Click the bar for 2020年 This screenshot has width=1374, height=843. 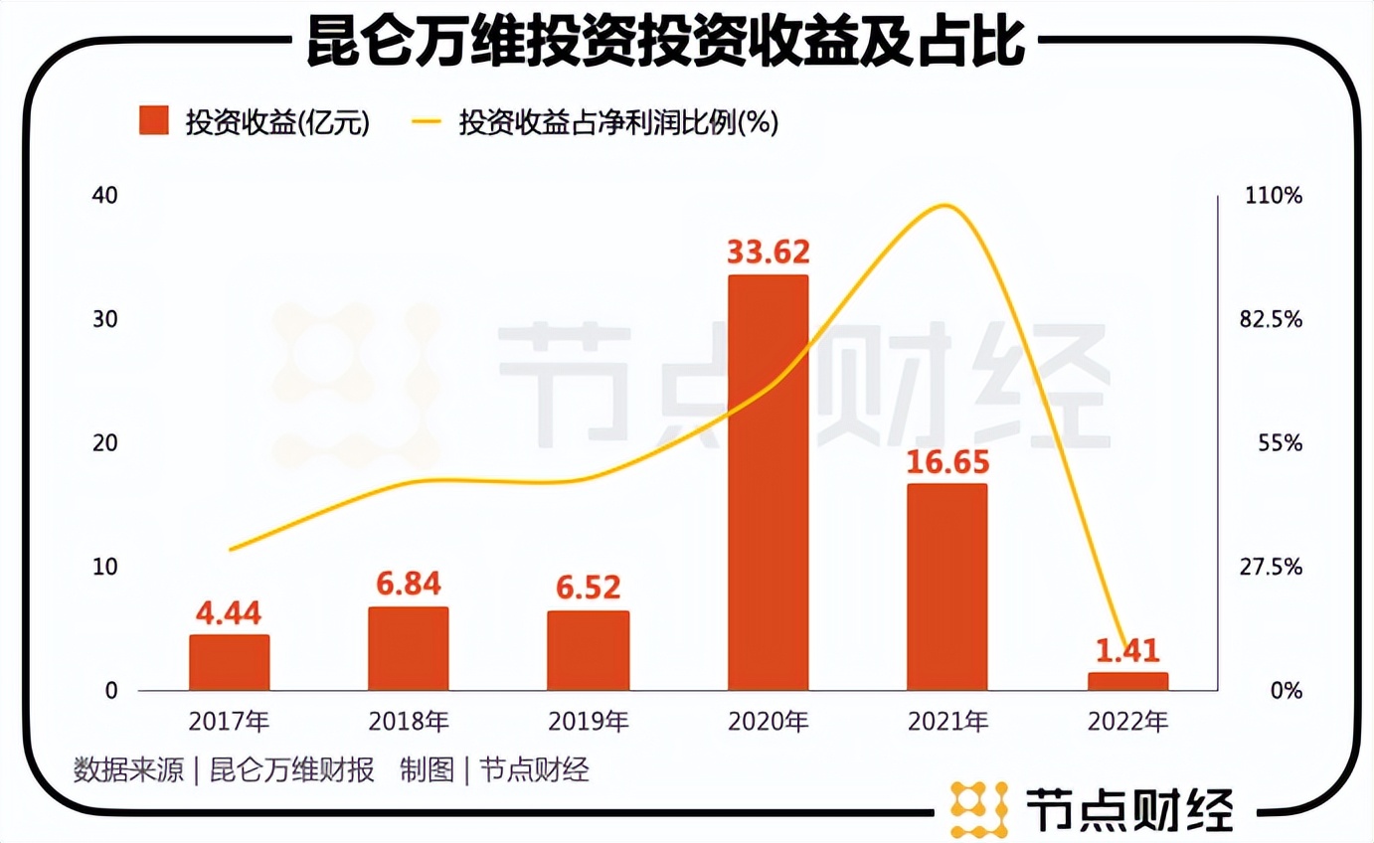point(768,482)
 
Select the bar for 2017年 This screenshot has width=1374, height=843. point(229,662)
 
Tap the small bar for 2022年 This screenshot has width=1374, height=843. point(1127,681)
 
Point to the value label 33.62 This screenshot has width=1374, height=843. point(768,252)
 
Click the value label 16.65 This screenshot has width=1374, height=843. point(946,461)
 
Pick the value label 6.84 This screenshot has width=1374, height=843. point(408,584)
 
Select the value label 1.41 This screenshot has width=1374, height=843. point(1127,650)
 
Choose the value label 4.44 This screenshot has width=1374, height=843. point(229,612)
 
